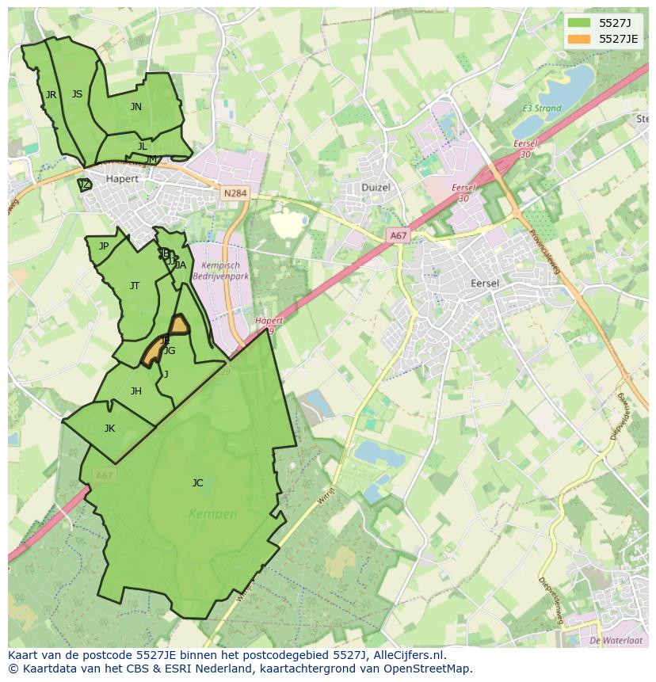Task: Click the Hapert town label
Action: click(122, 179)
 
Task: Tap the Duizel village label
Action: click(376, 188)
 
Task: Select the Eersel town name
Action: click(484, 283)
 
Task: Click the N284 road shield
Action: click(235, 193)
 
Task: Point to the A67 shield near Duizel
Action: click(398, 235)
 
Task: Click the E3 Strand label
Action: click(541, 109)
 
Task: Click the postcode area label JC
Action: click(197, 482)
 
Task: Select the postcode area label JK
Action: click(109, 429)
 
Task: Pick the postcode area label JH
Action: click(136, 391)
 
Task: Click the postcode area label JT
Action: click(135, 286)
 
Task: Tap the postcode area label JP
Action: click(104, 246)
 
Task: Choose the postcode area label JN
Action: click(136, 107)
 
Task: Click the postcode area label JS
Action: click(77, 94)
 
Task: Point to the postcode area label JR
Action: click(51, 95)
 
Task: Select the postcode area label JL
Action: click(143, 147)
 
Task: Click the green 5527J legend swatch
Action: click(579, 23)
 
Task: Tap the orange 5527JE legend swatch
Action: click(579, 39)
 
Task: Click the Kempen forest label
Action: click(213, 514)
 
